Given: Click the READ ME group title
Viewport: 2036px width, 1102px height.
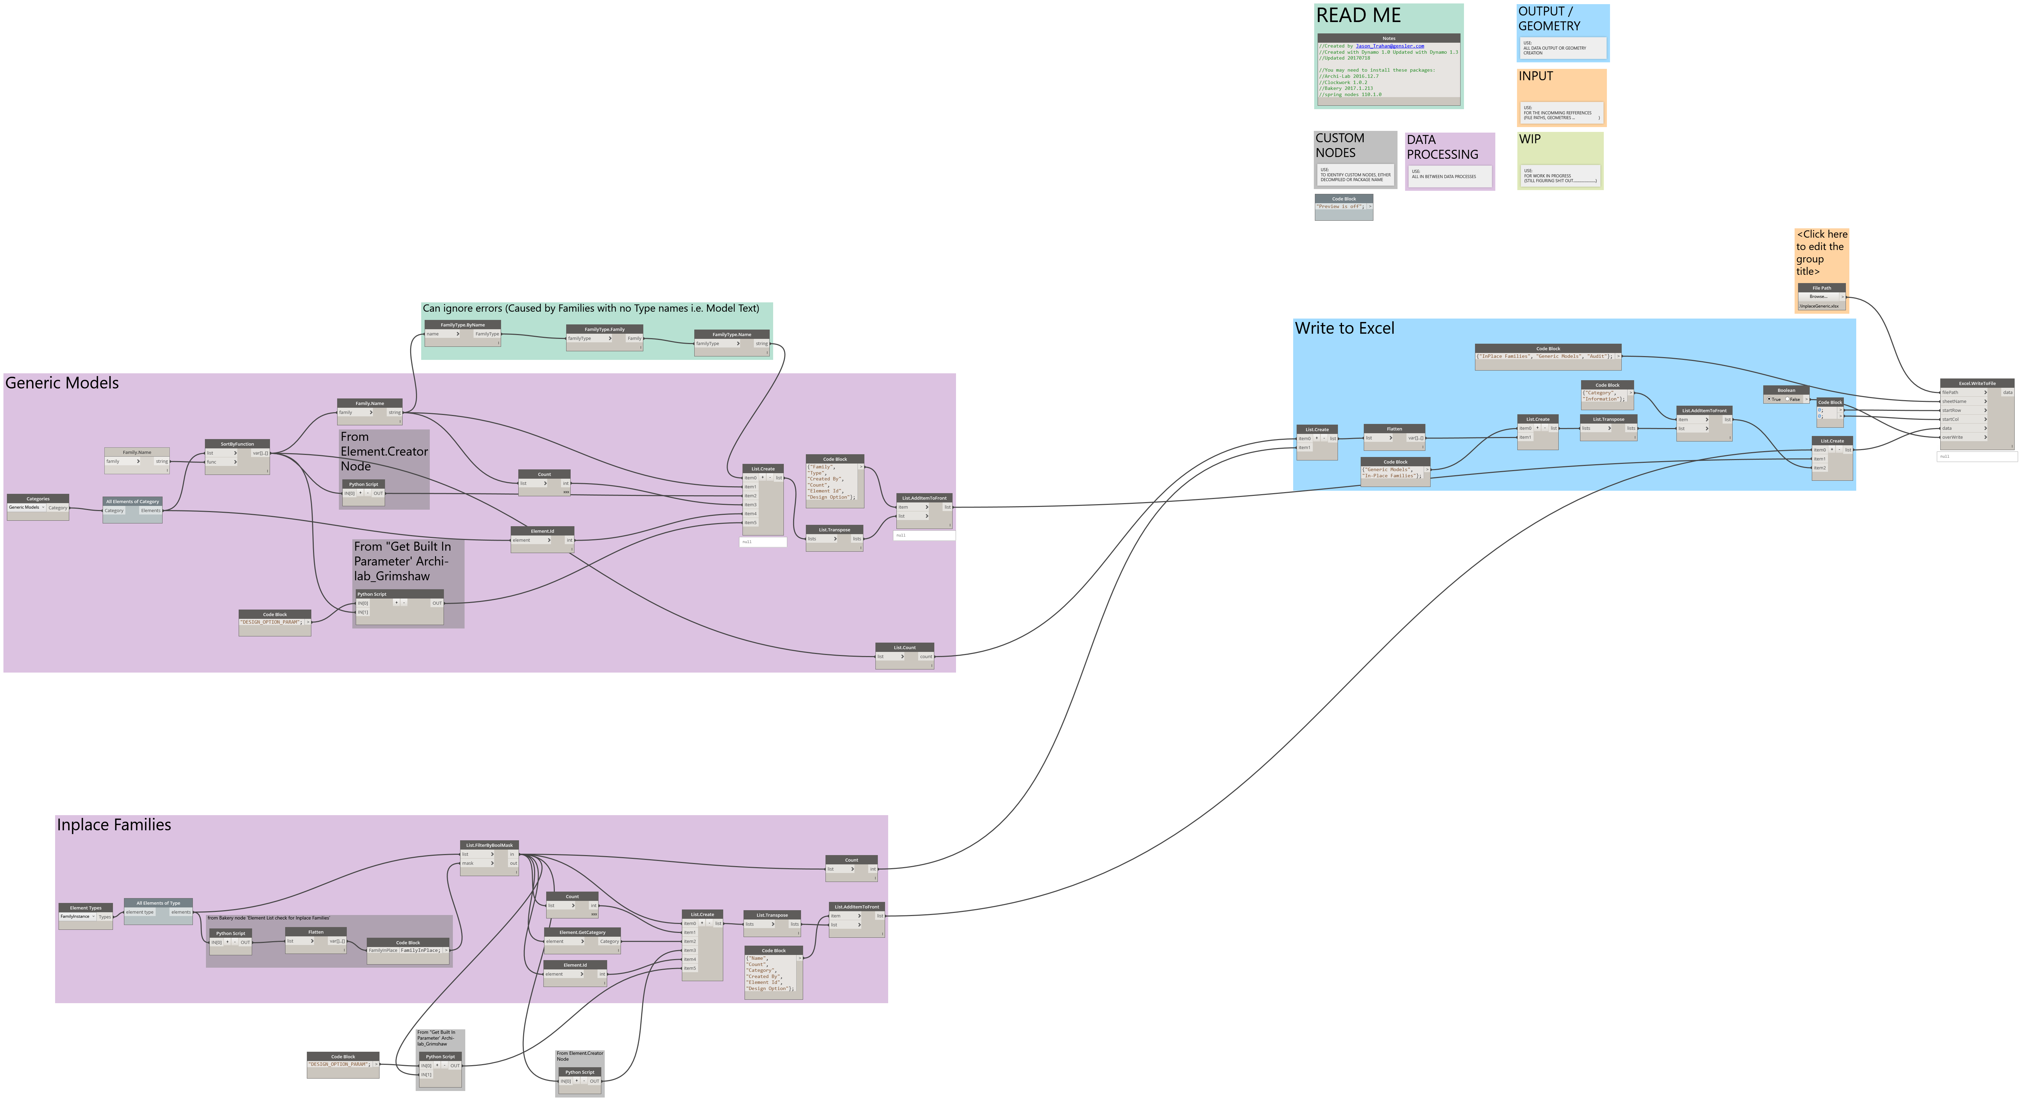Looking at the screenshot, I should click(1358, 16).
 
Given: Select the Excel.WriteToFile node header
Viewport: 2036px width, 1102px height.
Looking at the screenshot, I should click(1977, 383).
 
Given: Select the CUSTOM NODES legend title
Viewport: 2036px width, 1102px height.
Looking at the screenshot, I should click(1340, 145).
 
